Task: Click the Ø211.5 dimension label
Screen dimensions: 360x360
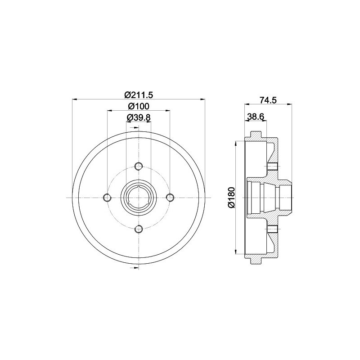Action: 139,94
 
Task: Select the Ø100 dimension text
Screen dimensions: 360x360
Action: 139,106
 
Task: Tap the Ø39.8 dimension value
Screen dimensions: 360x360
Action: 139,117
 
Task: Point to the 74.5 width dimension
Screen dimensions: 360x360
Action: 268,100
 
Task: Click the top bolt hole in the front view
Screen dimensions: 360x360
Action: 139,166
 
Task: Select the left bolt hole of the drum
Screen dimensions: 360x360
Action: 107,198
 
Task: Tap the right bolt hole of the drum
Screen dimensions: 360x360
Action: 170,197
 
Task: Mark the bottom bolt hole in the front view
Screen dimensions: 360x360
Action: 139,229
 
